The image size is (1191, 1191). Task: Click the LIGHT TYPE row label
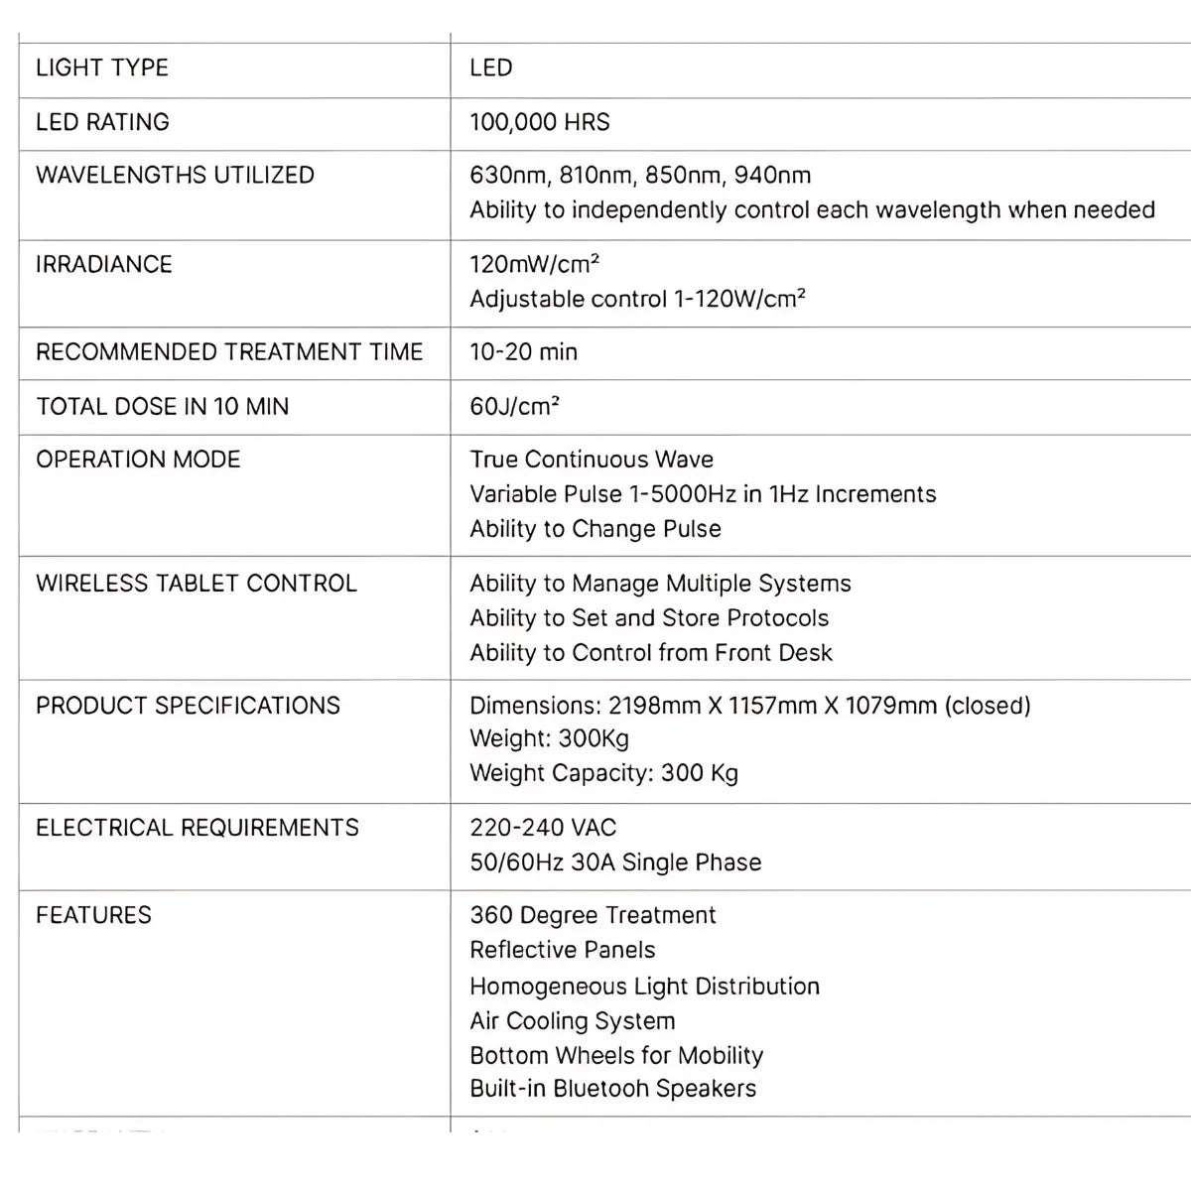(102, 68)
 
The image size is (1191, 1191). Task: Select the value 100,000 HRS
(540, 122)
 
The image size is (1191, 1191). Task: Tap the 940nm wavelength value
(772, 176)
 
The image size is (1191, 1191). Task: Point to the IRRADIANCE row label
(104, 264)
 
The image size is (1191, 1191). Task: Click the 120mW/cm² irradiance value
(534, 264)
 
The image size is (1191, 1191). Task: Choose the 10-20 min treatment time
(523, 352)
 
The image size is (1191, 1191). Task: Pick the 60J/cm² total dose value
(514, 406)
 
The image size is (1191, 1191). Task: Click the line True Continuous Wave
(592, 460)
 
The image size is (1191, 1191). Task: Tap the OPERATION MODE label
(138, 460)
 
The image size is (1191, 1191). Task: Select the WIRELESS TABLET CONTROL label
(197, 583)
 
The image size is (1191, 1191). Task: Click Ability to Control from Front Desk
(651, 652)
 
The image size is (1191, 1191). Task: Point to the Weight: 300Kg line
(549, 738)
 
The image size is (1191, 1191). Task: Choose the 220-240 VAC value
(543, 828)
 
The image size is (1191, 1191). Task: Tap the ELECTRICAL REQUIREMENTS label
(198, 828)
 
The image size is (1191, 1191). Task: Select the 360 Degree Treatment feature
(593, 915)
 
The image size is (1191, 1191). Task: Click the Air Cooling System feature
(573, 1021)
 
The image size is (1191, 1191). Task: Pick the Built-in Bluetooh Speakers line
(612, 1089)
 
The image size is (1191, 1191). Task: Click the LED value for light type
(491, 68)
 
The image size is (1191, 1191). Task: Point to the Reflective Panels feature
(563, 950)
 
